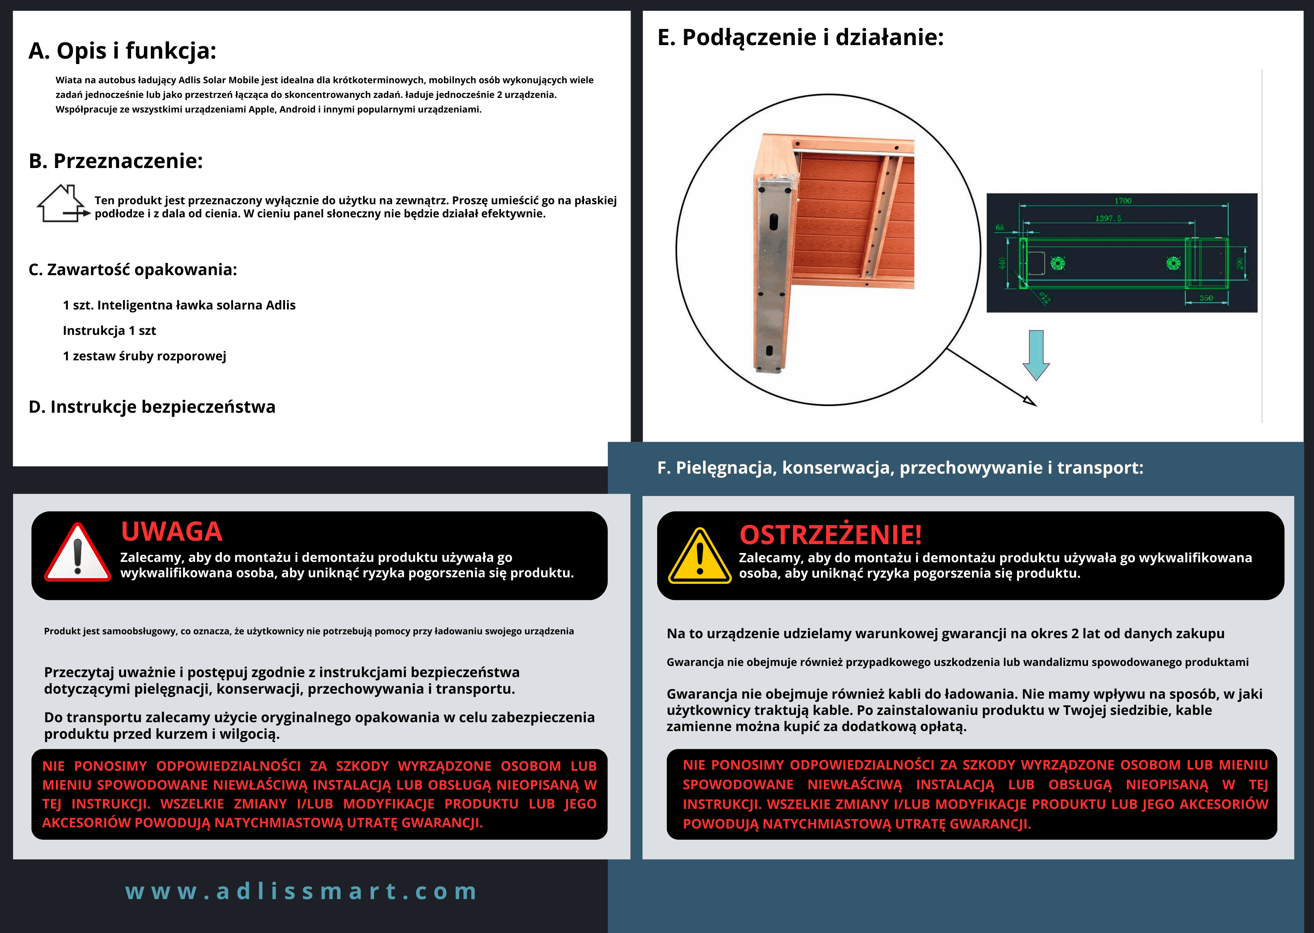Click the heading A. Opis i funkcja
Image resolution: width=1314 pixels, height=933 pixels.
click(x=122, y=50)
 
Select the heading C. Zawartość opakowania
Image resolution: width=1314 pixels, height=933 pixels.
click(x=133, y=269)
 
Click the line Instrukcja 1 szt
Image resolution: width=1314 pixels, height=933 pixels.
click(x=109, y=330)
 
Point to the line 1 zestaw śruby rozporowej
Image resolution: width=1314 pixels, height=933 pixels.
click(x=144, y=356)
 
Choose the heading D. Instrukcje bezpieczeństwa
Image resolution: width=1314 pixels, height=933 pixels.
click(x=152, y=407)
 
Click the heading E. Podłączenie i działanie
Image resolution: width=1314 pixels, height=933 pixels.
click(x=800, y=37)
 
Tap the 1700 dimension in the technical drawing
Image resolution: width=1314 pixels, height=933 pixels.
click(x=1123, y=200)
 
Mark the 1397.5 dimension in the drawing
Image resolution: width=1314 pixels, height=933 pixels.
click(x=1108, y=218)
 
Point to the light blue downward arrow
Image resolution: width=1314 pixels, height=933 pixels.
click(x=1036, y=355)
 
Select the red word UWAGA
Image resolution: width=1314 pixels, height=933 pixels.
click(x=171, y=531)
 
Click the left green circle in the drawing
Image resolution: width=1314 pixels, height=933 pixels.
click(x=1058, y=263)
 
